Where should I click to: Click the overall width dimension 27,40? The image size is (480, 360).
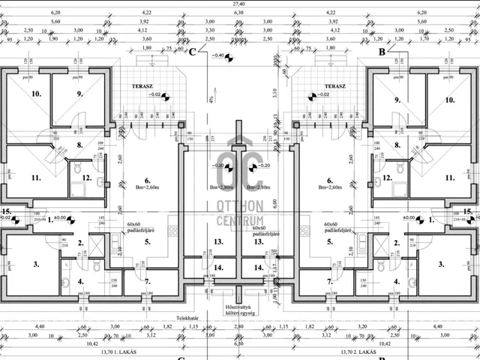click(239, 4)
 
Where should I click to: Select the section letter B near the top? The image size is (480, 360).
click(382, 52)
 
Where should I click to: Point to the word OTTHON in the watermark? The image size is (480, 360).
click(240, 205)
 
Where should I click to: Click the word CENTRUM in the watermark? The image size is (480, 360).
click(240, 220)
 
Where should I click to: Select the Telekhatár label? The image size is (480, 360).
click(199, 317)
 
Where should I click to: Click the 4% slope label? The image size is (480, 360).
click(212, 98)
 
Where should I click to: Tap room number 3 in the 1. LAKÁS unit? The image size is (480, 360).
click(36, 264)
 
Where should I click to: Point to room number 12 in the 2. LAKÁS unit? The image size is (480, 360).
click(387, 178)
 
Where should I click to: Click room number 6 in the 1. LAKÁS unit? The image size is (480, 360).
click(148, 180)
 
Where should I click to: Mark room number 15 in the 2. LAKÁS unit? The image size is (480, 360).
click(467, 211)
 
